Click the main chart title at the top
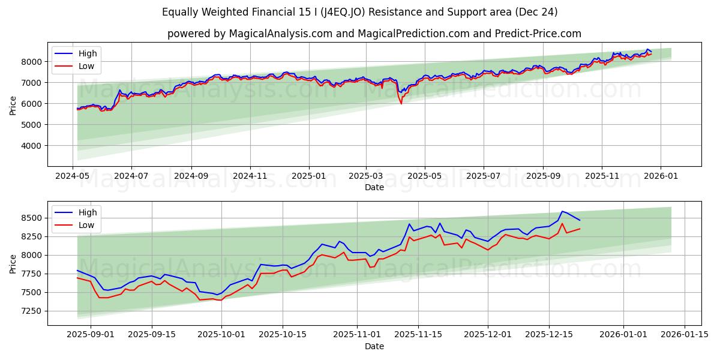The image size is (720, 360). coord(360,12)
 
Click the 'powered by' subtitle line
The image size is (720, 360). coord(374,34)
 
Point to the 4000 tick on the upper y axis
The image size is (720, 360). coord(31,146)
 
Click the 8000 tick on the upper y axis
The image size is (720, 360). coord(31,62)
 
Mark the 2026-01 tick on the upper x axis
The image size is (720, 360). coord(661,176)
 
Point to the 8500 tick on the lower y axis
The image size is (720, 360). coord(31,218)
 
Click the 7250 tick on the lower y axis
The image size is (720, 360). coord(31,311)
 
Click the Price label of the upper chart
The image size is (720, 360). coord(13,104)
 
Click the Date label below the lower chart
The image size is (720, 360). coord(374,346)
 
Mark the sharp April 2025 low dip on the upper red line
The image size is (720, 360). coord(401,103)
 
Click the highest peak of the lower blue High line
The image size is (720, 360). coord(562,211)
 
